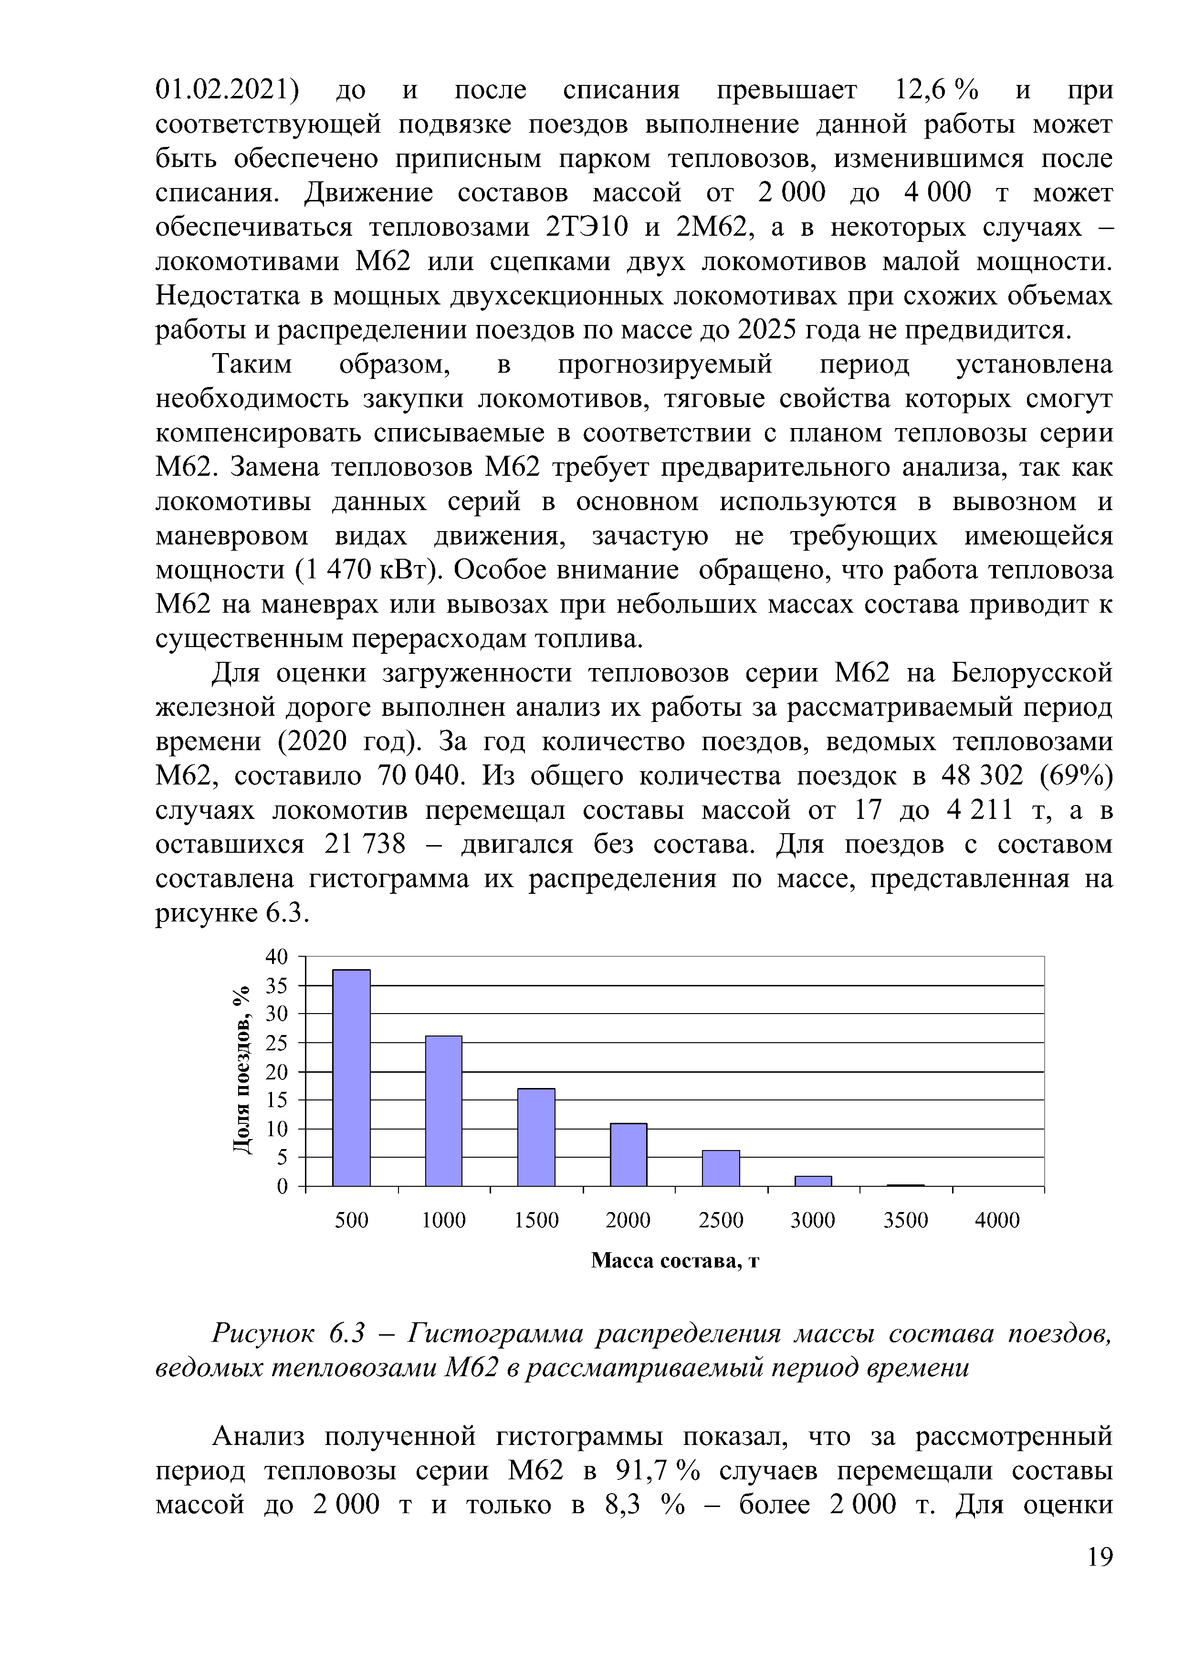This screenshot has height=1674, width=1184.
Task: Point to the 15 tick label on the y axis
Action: click(x=278, y=1099)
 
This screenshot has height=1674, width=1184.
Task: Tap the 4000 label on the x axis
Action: click(x=997, y=1221)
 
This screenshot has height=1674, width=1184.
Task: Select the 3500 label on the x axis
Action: click(x=905, y=1221)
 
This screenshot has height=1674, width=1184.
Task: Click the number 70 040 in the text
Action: click(x=421, y=776)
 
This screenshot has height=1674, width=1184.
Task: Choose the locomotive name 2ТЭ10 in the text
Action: click(x=586, y=228)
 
